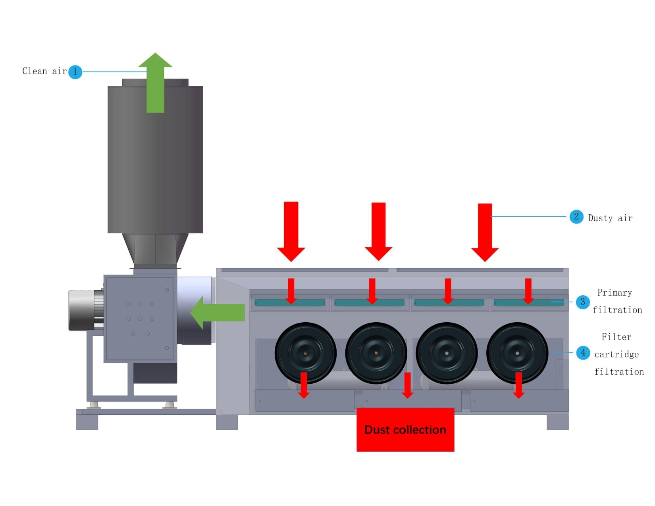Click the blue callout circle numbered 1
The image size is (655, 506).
[x=75, y=72]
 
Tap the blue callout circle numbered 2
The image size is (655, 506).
[x=576, y=217]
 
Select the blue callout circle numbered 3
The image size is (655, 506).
[x=582, y=302]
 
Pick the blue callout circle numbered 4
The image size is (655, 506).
[x=583, y=352]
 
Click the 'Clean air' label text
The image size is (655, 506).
[x=44, y=71]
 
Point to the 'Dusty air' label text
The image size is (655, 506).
[x=610, y=218]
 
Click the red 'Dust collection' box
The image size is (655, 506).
[x=405, y=429]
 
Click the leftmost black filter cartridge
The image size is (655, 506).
[x=305, y=352]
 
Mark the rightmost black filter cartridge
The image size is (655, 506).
[x=517, y=352]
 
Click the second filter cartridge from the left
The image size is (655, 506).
[x=376, y=352]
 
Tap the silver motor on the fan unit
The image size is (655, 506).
[x=85, y=310]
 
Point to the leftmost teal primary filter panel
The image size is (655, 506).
[x=289, y=303]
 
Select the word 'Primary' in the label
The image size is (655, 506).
[x=614, y=293]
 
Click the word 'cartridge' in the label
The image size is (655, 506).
[x=616, y=354]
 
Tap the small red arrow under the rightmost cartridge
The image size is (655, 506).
[x=518, y=385]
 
